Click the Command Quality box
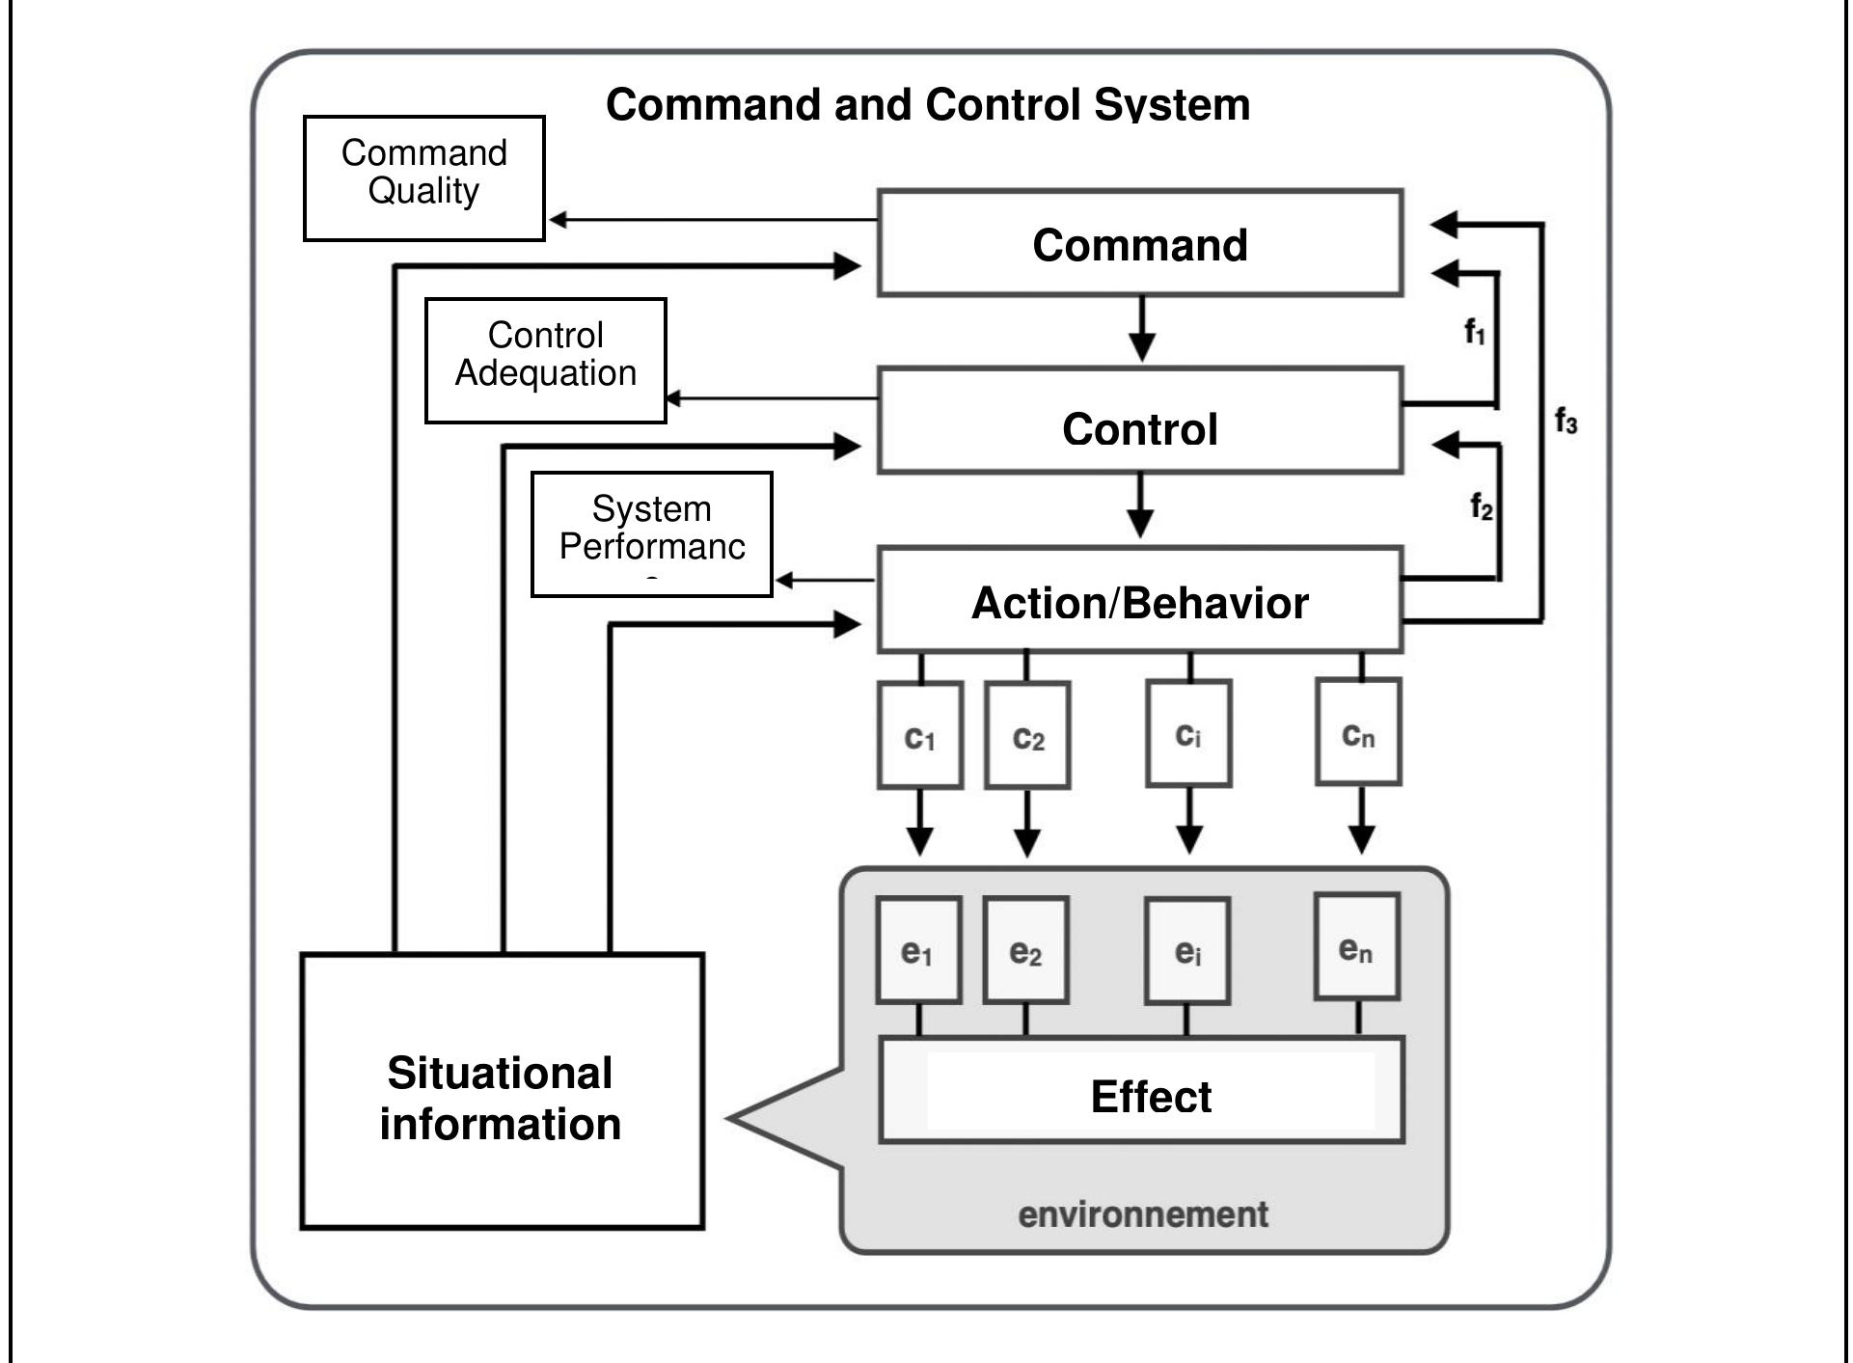click(423, 177)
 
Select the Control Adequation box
click(545, 360)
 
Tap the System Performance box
click(651, 533)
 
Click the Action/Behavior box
click(1139, 601)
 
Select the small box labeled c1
click(919, 735)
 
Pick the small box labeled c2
click(1027, 735)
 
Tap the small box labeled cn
click(1358, 732)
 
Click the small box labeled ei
click(1187, 951)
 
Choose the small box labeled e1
click(918, 951)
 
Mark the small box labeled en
click(1356, 947)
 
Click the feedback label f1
click(1475, 333)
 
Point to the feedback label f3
click(1566, 422)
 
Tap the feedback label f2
click(1481, 505)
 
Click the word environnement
click(1142, 1213)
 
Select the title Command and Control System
click(927, 104)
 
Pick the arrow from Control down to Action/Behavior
click(1140, 506)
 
